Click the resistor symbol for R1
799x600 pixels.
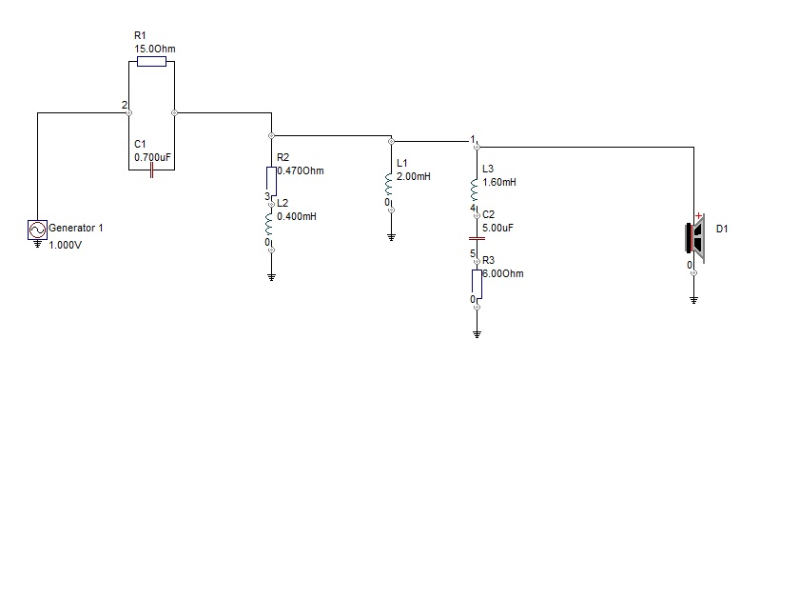tap(151, 62)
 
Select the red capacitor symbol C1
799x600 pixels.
tap(151, 170)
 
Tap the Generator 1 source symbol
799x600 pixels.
tap(37, 230)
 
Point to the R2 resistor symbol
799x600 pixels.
tap(271, 179)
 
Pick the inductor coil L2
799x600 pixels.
tap(271, 224)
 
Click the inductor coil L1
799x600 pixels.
tap(391, 183)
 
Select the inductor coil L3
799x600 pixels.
tap(477, 188)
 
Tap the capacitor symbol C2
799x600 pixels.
tap(477, 238)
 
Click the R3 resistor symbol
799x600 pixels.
tap(477, 282)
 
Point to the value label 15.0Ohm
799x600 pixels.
tap(154, 49)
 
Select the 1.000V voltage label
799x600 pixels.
tap(65, 244)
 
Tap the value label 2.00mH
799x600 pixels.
tap(414, 177)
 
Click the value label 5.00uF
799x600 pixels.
tap(497, 229)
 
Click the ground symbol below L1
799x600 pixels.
tap(391, 236)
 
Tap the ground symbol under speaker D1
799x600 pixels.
tap(693, 300)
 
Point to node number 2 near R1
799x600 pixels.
tap(124, 105)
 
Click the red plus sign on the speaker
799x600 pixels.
tap(699, 217)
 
